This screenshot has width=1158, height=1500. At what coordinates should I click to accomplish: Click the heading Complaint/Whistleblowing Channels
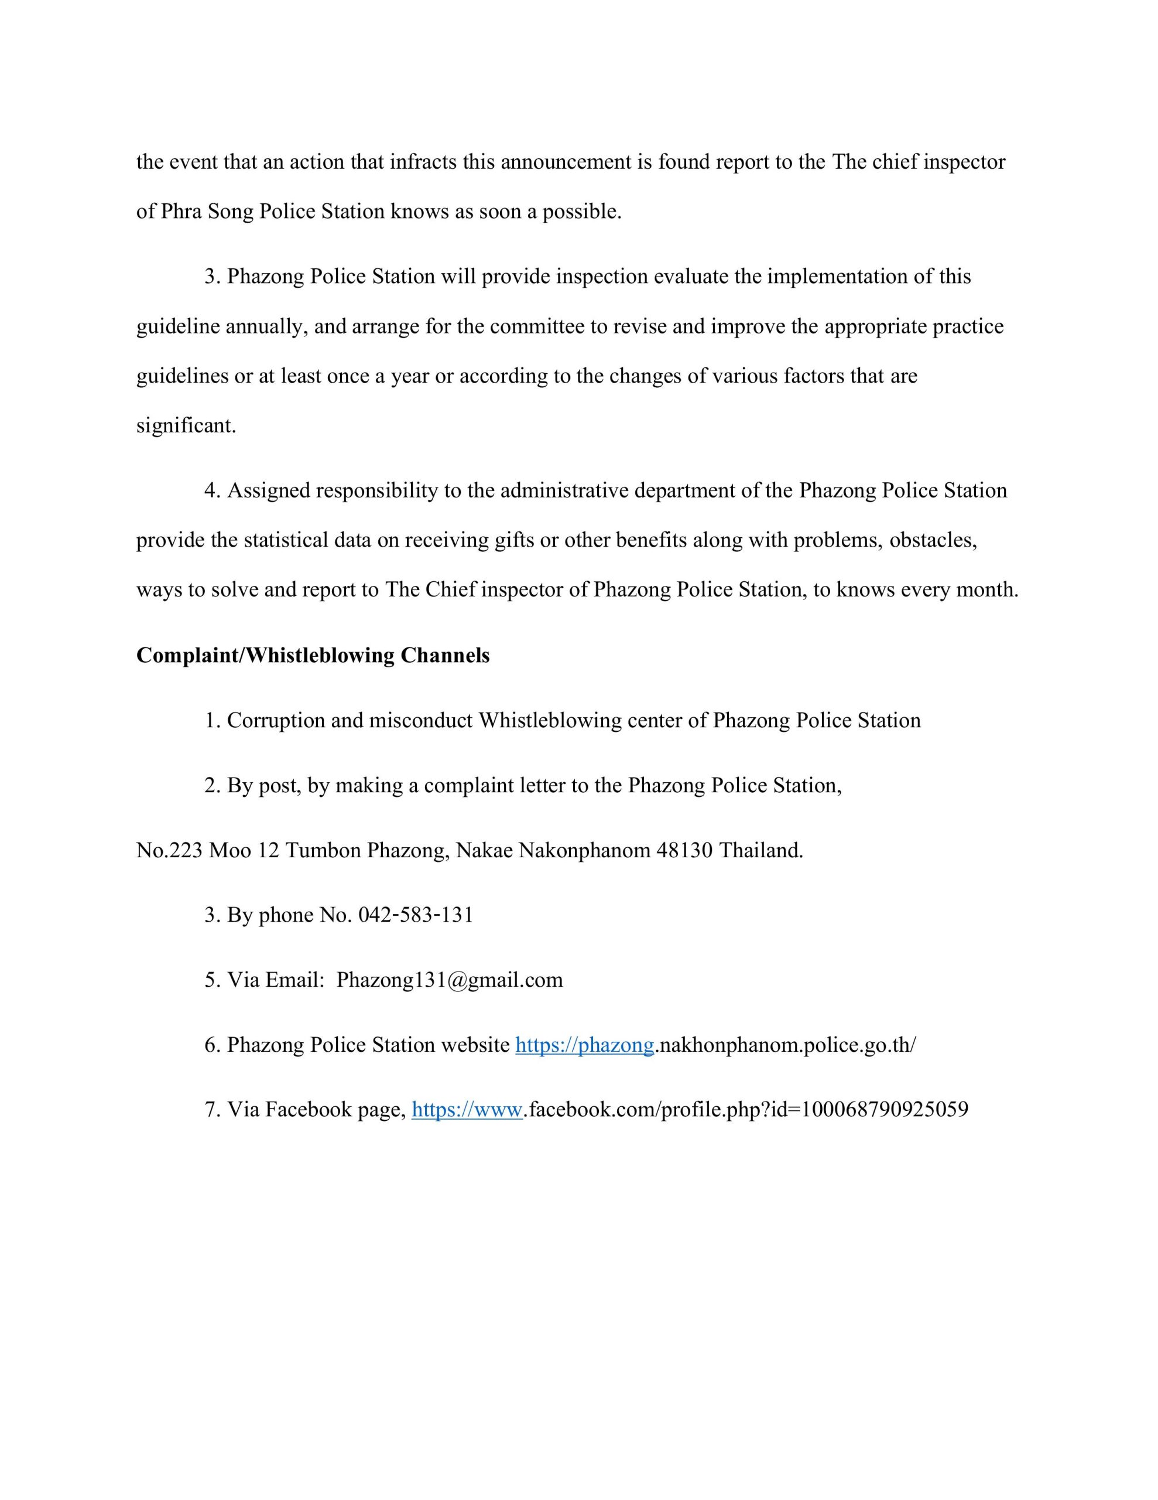coord(313,655)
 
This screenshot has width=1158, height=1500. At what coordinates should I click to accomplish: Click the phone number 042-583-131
coord(415,915)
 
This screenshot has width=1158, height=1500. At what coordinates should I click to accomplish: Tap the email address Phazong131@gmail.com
coord(450,980)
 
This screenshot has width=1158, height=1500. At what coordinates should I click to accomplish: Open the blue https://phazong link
coord(584,1045)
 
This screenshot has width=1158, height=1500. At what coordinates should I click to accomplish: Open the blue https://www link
coord(467,1110)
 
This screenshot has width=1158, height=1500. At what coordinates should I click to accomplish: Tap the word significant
coord(186,426)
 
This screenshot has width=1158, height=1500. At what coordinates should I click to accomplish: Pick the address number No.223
coord(169,851)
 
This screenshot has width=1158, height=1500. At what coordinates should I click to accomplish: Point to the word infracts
coord(423,162)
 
